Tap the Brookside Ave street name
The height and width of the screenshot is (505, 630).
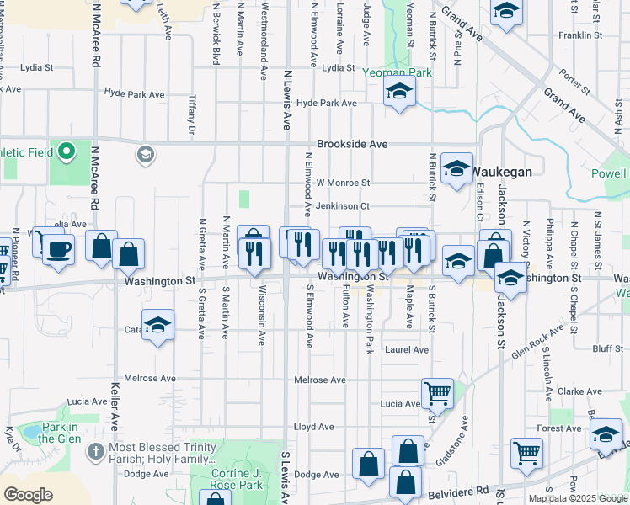pyautogui.click(x=352, y=144)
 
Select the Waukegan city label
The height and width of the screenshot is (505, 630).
pyautogui.click(x=501, y=171)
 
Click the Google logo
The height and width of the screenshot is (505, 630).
pyautogui.click(x=28, y=494)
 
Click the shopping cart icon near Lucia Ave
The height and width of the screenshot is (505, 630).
pyautogui.click(x=437, y=392)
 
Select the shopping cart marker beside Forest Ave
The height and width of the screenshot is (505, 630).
pyautogui.click(x=526, y=452)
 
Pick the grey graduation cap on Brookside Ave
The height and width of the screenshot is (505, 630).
pyautogui.click(x=145, y=154)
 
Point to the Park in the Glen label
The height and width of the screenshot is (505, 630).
pyautogui.click(x=57, y=433)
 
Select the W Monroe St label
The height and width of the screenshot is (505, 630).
pyautogui.click(x=343, y=183)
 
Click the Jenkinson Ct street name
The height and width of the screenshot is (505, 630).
pyautogui.click(x=343, y=205)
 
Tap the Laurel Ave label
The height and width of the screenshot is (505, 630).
pyautogui.click(x=407, y=349)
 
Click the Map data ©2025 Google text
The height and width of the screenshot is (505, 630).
pyautogui.click(x=577, y=498)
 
